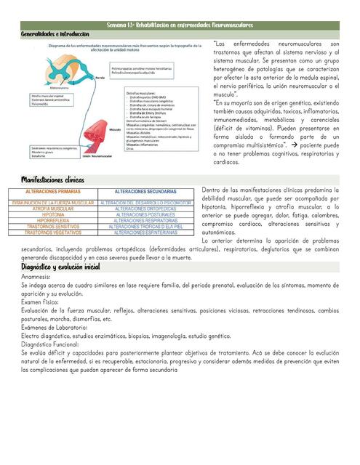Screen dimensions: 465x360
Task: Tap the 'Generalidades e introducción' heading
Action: pos(55,33)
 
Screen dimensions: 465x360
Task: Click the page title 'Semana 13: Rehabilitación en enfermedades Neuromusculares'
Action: pos(180,25)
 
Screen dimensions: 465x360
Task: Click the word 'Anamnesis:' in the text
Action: pos(36,277)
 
